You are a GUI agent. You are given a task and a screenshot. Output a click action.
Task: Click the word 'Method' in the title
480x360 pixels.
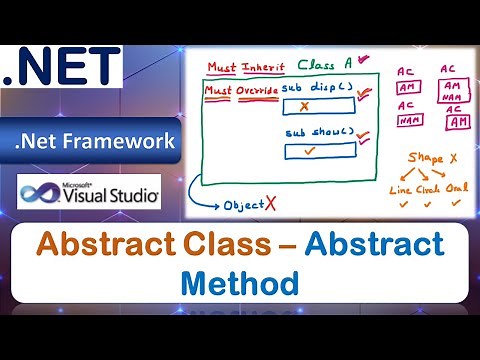pyautogui.click(x=240, y=282)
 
